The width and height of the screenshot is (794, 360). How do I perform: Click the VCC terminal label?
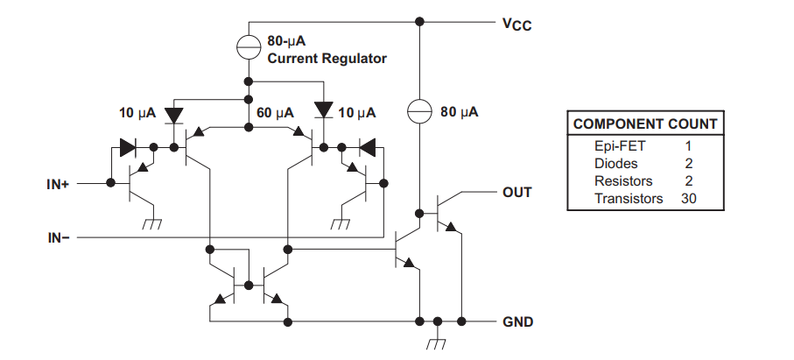click(517, 24)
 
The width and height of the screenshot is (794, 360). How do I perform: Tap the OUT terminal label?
click(517, 193)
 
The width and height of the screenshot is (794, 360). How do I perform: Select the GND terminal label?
click(517, 322)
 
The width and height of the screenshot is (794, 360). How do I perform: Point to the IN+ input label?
click(57, 184)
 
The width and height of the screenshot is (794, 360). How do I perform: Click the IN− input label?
click(59, 237)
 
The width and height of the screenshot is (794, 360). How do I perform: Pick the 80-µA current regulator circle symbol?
click(249, 46)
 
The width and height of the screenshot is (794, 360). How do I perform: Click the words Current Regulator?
click(327, 59)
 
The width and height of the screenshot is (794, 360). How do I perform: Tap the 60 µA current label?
click(275, 112)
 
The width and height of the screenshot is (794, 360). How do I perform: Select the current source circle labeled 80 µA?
click(419, 111)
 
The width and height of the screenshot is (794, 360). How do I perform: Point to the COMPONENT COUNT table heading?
click(645, 124)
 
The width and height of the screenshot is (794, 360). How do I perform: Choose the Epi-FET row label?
click(620, 146)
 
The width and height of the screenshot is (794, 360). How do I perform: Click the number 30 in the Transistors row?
click(689, 199)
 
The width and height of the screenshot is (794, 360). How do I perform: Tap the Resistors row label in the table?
click(623, 180)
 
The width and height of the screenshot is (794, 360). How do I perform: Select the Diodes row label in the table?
click(615, 164)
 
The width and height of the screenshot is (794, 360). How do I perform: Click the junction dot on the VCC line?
click(419, 22)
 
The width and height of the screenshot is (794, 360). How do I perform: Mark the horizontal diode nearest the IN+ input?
click(128, 147)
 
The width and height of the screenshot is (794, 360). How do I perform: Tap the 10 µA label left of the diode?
click(137, 112)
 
